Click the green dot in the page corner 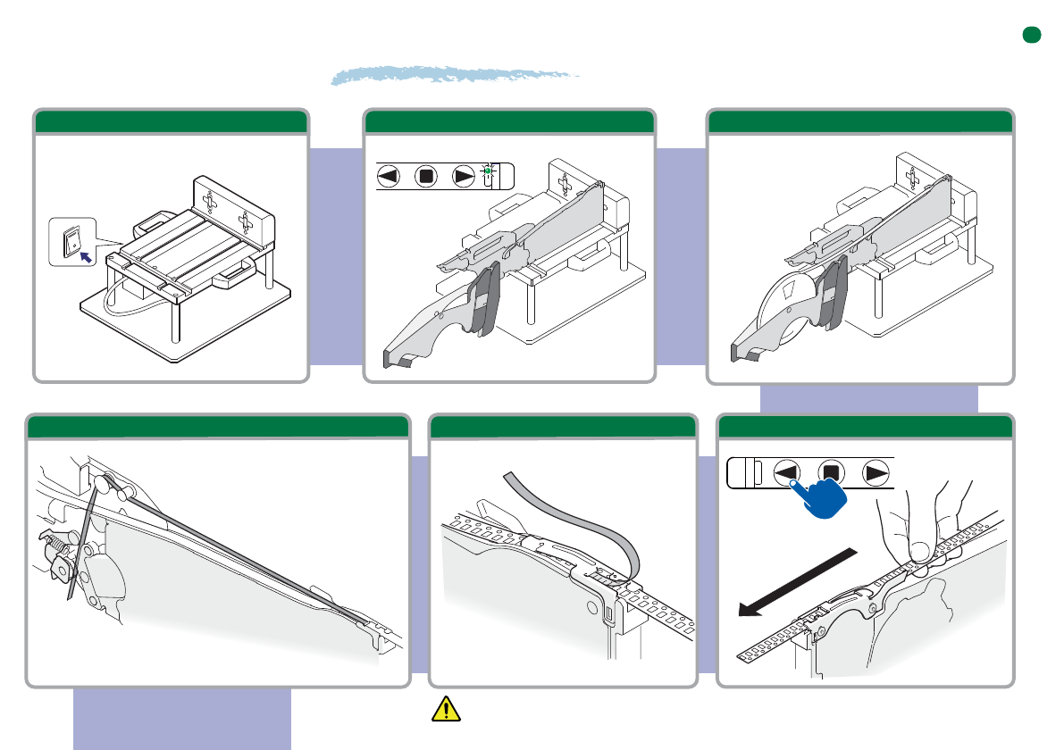click(1033, 35)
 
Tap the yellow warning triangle click(444, 709)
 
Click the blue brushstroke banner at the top click(456, 75)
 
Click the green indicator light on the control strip click(489, 170)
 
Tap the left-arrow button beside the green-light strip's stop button click(389, 177)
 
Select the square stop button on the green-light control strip click(426, 177)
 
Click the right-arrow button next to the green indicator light click(464, 177)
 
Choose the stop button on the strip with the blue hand click(832, 472)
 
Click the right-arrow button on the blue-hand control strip click(875, 472)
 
